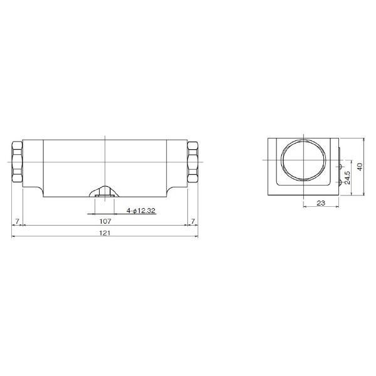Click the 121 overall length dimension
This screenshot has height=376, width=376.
click(105, 233)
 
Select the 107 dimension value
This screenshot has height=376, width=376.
click(105, 221)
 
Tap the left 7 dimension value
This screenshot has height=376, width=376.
click(17, 221)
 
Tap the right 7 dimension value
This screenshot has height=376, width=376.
click(193, 221)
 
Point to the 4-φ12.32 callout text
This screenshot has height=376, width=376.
click(141, 211)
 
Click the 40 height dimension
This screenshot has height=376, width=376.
click(360, 167)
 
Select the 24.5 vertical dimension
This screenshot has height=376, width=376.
click(347, 177)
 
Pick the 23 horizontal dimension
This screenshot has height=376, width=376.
click(321, 203)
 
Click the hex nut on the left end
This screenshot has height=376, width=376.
click(18, 162)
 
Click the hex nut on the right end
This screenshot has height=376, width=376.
click(192, 162)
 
